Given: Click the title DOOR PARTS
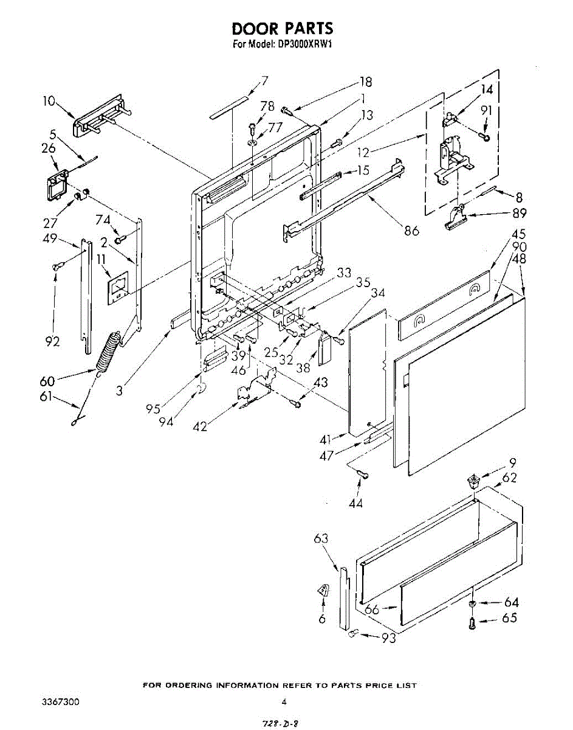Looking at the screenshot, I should (x=283, y=29).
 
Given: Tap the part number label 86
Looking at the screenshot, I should (x=412, y=231).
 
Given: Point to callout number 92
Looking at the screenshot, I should (x=53, y=341).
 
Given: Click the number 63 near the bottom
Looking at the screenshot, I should (x=321, y=538).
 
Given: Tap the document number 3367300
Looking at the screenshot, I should (x=60, y=702).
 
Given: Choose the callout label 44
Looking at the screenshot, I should (x=355, y=503).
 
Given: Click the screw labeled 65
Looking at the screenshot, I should (x=472, y=622).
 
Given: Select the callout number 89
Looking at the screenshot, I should (x=519, y=214).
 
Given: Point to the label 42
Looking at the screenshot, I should (x=199, y=426).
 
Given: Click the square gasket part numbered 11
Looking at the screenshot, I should (x=120, y=284).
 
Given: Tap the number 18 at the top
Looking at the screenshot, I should (x=365, y=82).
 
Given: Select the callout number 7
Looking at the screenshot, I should (x=264, y=80).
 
